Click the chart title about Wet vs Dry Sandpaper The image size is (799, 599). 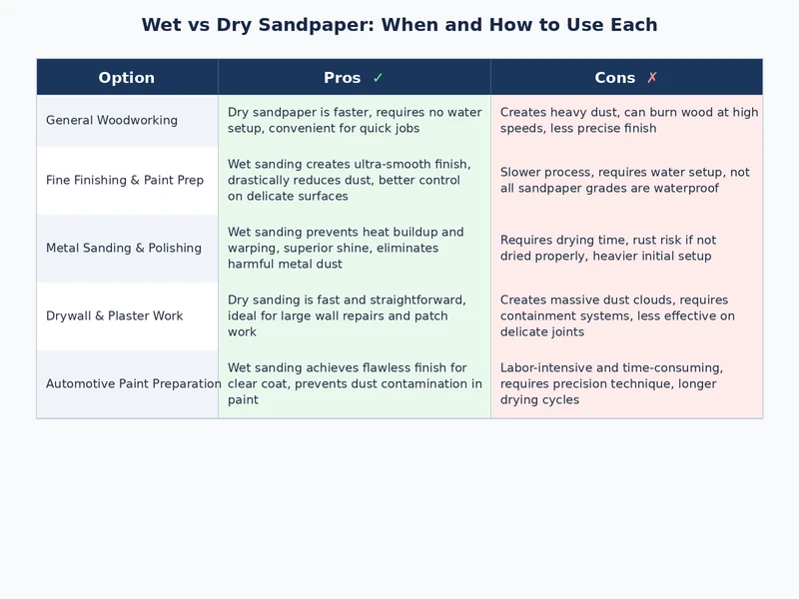(399, 25)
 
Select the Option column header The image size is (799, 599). (127, 78)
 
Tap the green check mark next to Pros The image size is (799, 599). (378, 78)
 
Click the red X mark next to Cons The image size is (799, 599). (652, 78)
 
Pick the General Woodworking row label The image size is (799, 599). (112, 121)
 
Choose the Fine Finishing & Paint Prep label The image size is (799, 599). (125, 181)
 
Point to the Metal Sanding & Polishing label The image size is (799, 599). (124, 249)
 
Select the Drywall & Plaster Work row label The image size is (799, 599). (115, 316)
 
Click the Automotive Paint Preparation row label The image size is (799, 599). (134, 384)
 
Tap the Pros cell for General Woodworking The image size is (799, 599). (355, 121)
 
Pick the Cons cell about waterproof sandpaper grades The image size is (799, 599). (625, 181)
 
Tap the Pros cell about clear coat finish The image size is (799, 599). (355, 384)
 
